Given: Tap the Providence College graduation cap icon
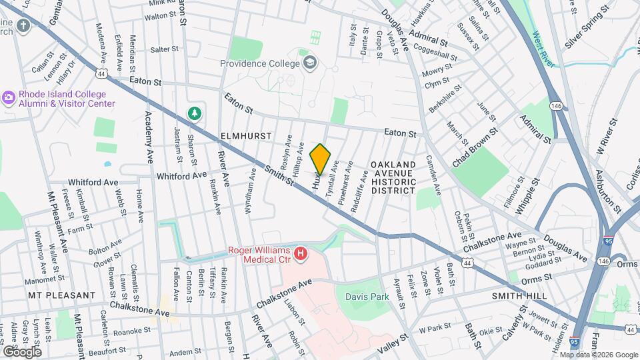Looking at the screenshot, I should point(309,63).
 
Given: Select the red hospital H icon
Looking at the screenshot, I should point(301,254).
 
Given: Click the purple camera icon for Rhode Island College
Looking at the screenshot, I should point(9,98).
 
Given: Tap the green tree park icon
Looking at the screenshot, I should point(195,113).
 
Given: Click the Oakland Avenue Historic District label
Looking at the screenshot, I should point(393,177).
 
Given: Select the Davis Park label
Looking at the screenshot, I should point(367,296).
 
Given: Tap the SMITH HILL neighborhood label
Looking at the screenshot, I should point(519,295).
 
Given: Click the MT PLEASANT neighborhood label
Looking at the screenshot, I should point(62,295).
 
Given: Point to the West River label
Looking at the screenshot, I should point(543,49).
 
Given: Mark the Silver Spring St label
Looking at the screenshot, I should point(587,36).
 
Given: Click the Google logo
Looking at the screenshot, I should point(22,352).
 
